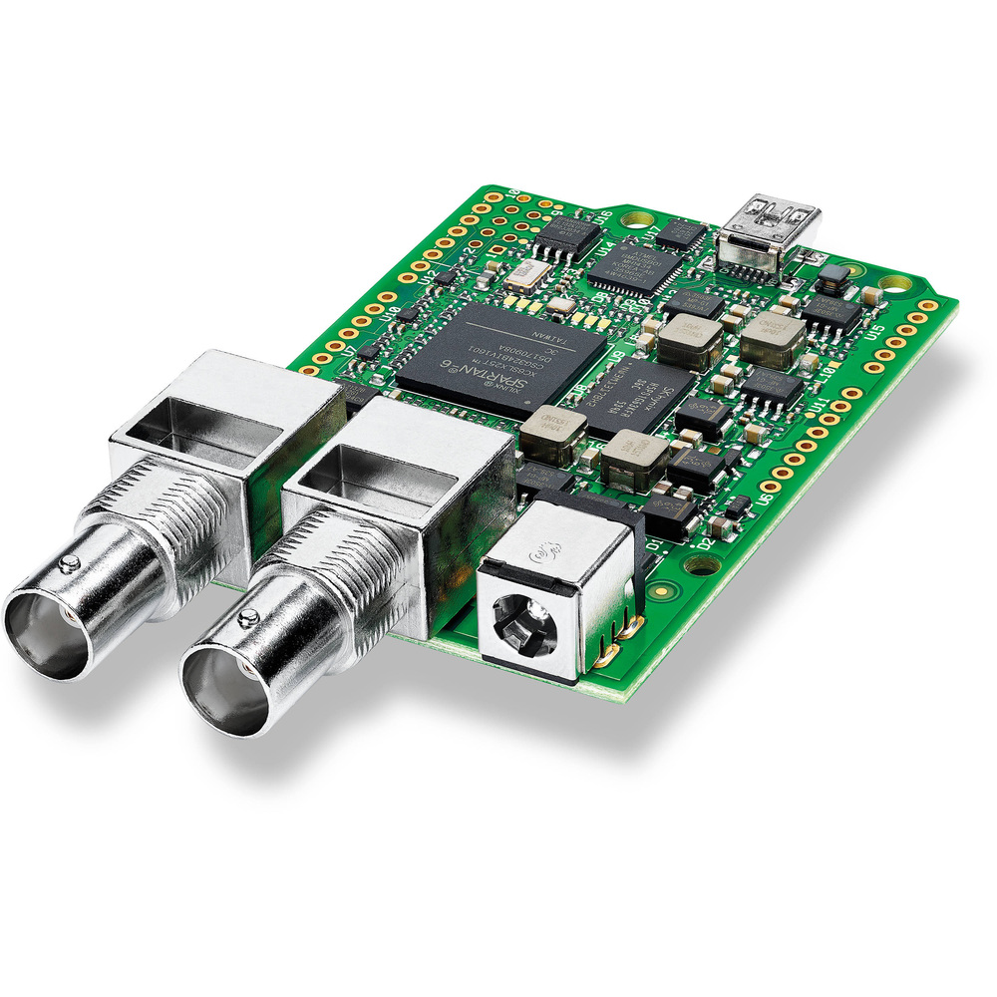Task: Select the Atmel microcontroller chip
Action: tap(642, 264)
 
